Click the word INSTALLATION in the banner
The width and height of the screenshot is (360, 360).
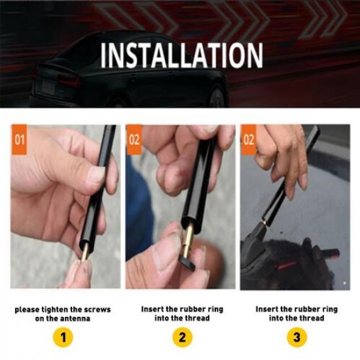pyautogui.click(x=181, y=56)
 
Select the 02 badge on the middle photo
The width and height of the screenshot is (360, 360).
pyautogui.click(x=134, y=140)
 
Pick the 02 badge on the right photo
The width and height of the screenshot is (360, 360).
pyautogui.click(x=249, y=140)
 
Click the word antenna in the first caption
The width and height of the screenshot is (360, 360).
pyautogui.click(x=74, y=318)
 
